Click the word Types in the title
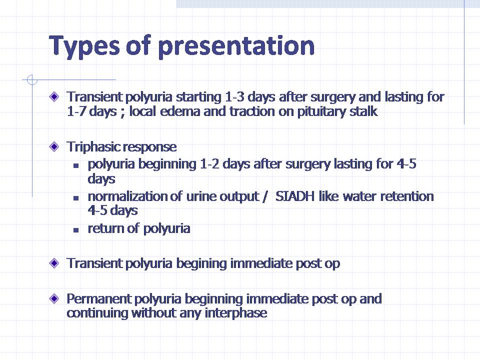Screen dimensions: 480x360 (x=84, y=46)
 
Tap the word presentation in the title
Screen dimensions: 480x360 (x=236, y=46)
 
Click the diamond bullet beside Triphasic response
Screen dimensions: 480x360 (x=54, y=146)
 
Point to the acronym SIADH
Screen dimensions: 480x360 (x=295, y=196)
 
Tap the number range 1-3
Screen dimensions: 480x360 (x=234, y=97)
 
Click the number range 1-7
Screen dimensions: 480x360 (x=76, y=111)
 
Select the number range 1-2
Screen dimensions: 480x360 (x=209, y=164)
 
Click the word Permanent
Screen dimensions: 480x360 (x=98, y=299)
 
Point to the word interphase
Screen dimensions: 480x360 (x=235, y=313)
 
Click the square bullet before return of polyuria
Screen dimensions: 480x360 (x=76, y=230)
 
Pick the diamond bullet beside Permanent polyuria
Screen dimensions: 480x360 (x=54, y=298)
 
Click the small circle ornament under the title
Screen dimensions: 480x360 (x=32, y=80)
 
